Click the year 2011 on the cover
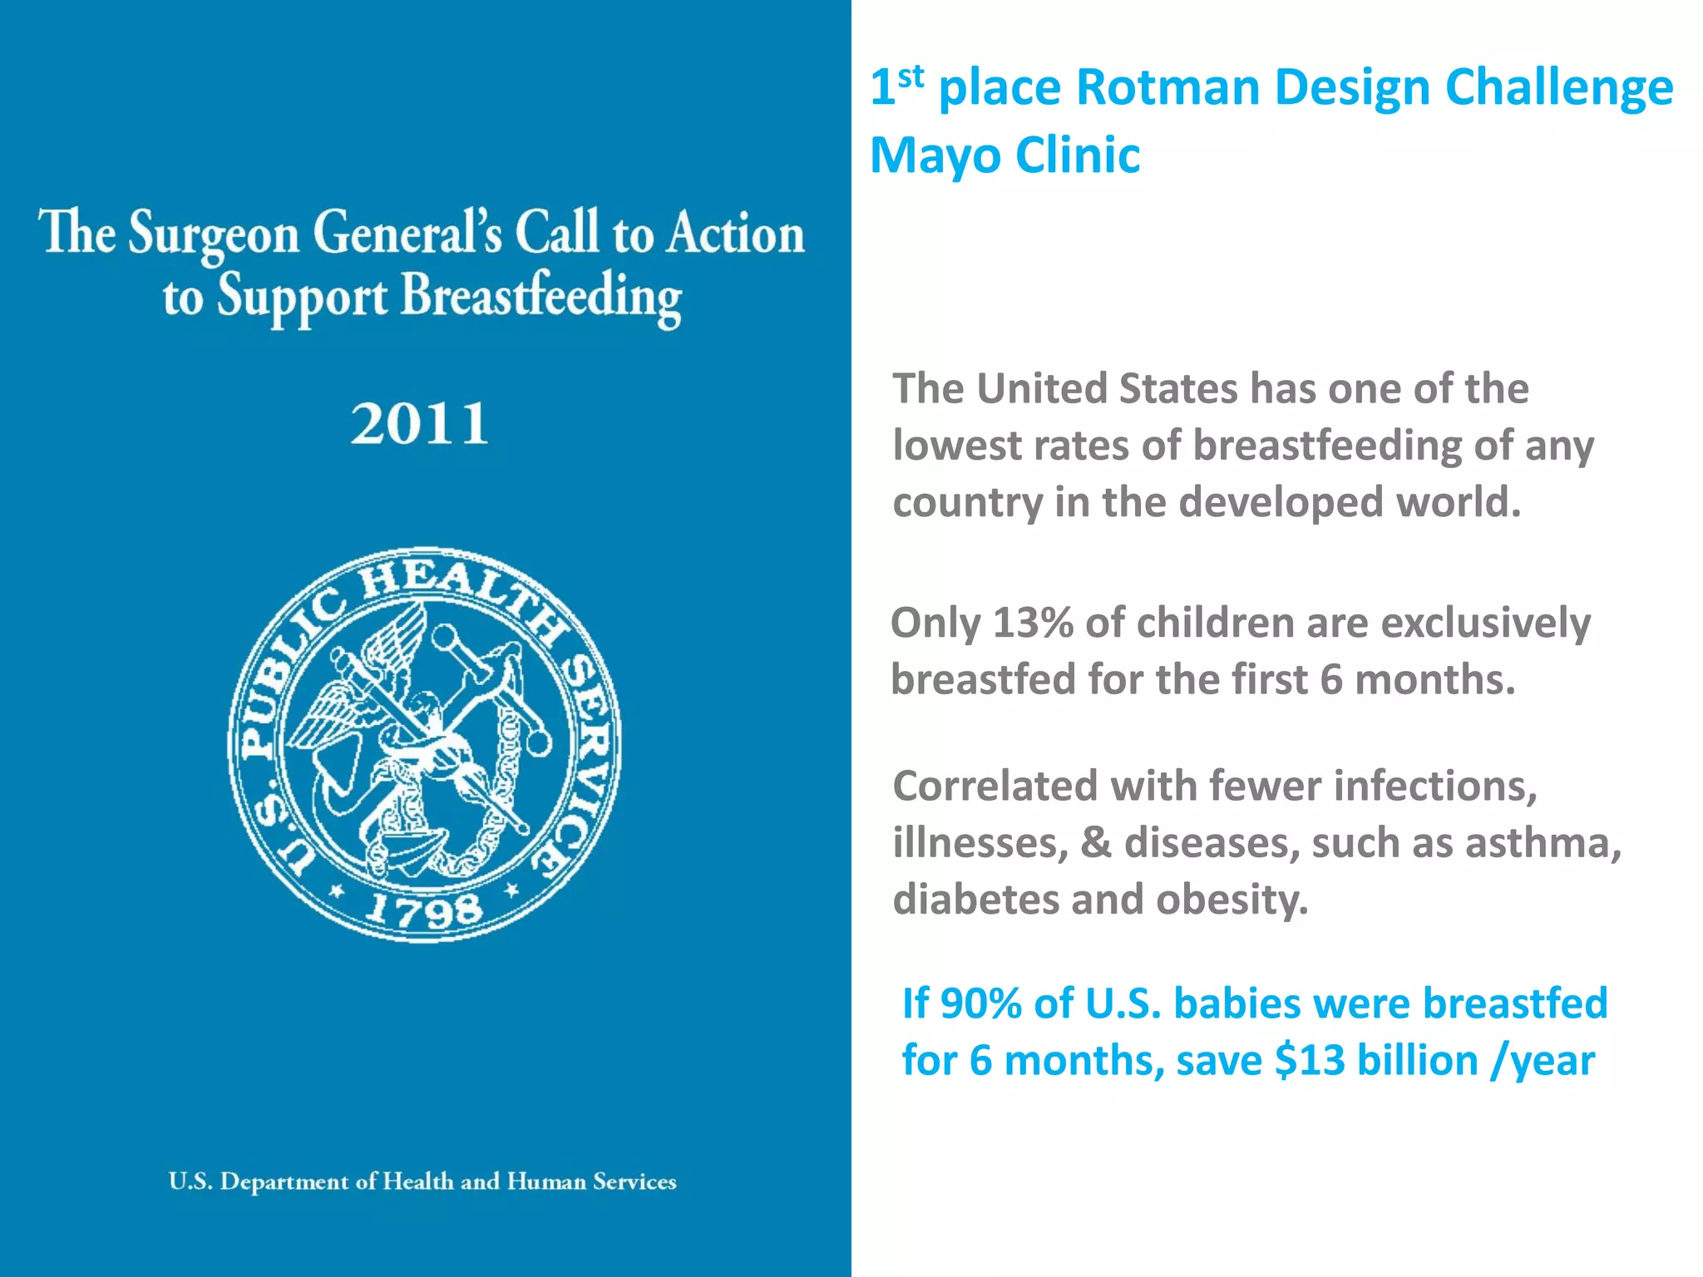click(x=419, y=424)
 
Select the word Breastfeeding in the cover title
click(x=541, y=298)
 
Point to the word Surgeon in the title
click(x=214, y=234)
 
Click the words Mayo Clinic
click(x=1005, y=155)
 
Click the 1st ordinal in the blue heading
click(x=896, y=86)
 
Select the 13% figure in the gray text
click(x=1032, y=623)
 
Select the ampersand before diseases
click(x=1096, y=843)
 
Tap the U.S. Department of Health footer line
click(x=422, y=1181)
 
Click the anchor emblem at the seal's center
click(x=424, y=748)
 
